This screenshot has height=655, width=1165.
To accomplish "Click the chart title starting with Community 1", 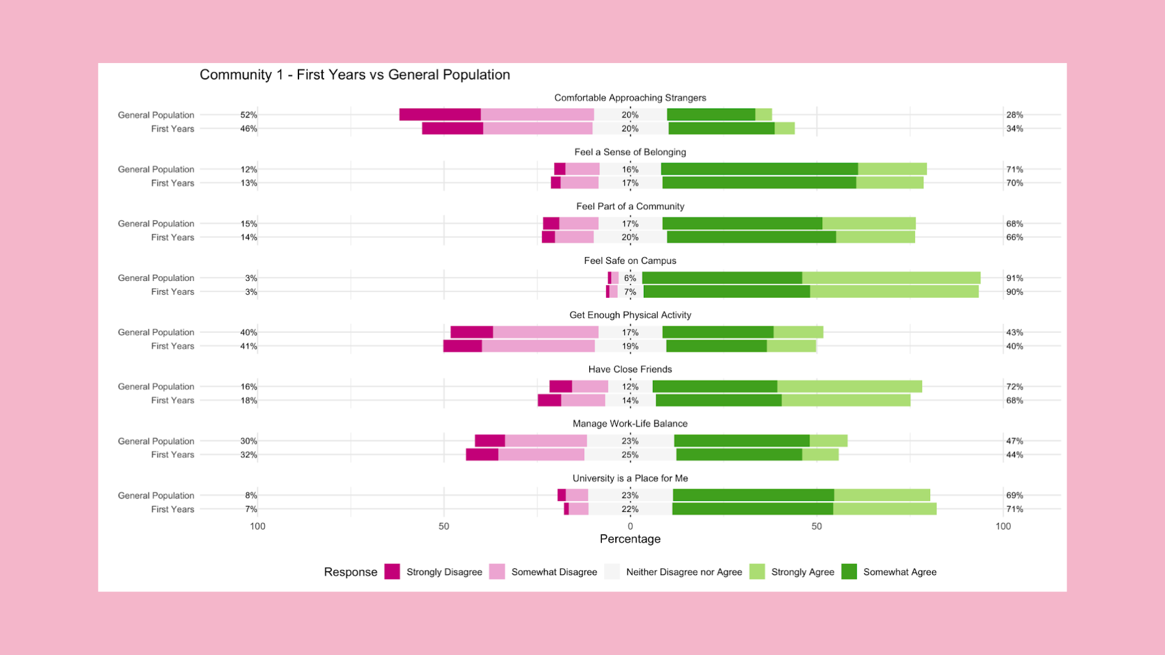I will [354, 75].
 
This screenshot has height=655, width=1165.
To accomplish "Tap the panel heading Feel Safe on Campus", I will [630, 261].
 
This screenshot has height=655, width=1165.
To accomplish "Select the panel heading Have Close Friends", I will [630, 369].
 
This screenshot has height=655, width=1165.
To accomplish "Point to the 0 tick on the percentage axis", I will [630, 526].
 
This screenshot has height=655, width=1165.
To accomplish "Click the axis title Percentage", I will [630, 539].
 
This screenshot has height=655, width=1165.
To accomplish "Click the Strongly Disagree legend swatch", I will [392, 572].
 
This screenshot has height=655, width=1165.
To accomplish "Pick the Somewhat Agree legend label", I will [899, 572].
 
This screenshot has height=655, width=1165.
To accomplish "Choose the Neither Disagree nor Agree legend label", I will [684, 572].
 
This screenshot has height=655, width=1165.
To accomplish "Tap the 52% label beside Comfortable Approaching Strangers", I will [249, 115].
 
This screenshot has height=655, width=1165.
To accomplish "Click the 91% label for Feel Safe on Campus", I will [1015, 278].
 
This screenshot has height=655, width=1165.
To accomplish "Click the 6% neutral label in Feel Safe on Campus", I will [630, 278].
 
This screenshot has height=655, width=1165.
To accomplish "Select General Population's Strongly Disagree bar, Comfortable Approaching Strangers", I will [440, 115].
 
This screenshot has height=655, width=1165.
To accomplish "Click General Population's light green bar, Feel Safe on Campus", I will [891, 278].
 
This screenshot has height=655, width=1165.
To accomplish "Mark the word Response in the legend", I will [350, 572].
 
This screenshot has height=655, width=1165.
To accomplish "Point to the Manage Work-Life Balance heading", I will [630, 424].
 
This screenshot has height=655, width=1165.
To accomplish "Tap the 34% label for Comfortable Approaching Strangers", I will [1015, 129].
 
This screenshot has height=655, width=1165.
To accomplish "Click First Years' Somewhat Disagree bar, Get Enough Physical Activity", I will [538, 346].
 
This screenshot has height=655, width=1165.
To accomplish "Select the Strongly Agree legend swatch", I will [757, 572].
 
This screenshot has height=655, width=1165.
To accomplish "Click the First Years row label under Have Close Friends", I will [172, 400].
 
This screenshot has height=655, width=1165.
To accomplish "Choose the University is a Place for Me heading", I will [630, 479].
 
